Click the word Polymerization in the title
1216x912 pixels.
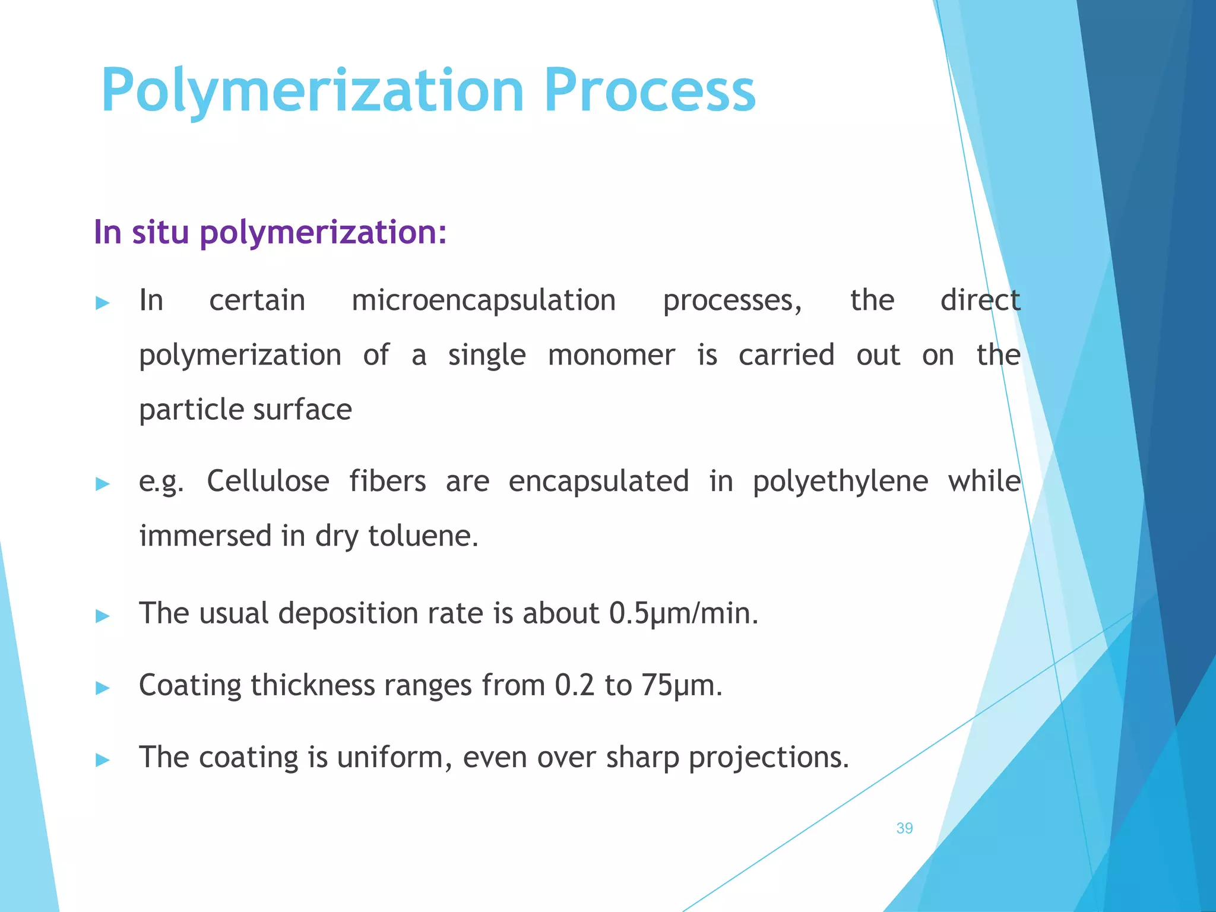click(312, 90)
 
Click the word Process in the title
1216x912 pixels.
click(650, 90)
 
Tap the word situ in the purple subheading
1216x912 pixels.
click(161, 232)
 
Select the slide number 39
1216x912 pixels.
click(904, 828)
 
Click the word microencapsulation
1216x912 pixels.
click(484, 300)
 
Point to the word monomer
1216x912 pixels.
click(612, 356)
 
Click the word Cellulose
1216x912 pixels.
click(268, 481)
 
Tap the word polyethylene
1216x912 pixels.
click(840, 482)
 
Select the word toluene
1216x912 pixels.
click(423, 536)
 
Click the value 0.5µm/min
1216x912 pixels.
click(684, 613)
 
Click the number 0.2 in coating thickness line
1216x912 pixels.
click(574, 685)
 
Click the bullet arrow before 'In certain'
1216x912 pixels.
click(103, 303)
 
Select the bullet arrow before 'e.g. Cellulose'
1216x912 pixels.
click(103, 484)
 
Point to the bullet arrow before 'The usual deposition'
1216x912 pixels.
click(103, 616)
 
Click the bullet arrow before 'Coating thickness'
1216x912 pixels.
click(103, 688)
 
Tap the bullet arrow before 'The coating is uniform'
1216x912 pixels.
click(103, 760)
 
